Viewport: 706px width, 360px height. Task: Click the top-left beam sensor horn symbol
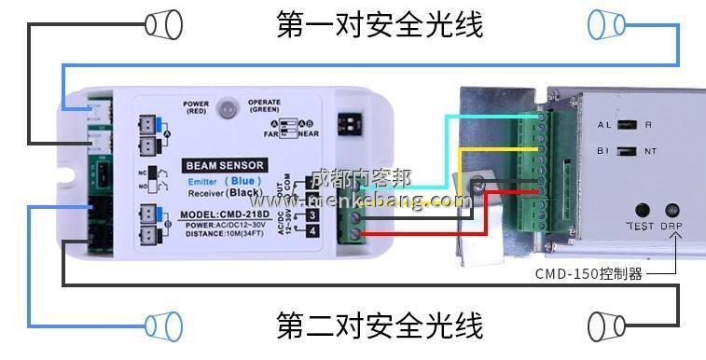[163, 24]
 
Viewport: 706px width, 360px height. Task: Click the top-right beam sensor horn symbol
[606, 23]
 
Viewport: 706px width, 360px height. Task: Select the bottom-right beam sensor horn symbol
[606, 325]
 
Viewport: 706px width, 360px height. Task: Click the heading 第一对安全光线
[380, 24]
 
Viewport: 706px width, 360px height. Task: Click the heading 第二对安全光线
[380, 325]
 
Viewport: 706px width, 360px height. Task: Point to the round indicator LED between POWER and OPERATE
[227, 109]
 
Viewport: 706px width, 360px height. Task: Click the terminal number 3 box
[311, 214]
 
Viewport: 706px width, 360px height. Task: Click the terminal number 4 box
[311, 230]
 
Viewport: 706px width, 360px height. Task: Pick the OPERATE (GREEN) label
[264, 107]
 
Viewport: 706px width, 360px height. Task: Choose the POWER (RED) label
[196, 107]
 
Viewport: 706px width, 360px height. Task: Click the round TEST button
[643, 211]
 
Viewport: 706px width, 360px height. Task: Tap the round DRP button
[671, 211]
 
